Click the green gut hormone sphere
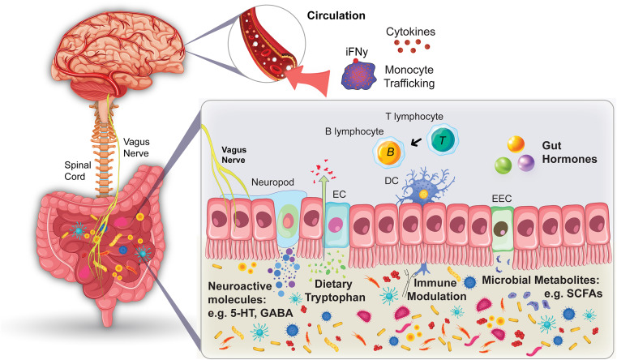(x=505, y=167)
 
